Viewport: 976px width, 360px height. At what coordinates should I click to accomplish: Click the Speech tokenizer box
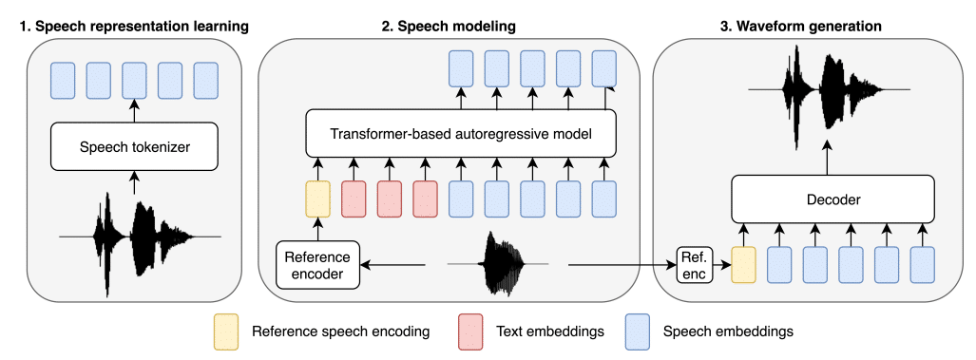pos(134,147)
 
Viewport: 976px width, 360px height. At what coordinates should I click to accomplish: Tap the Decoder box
pos(827,200)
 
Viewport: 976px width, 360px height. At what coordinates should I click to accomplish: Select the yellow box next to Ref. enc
pos(744,263)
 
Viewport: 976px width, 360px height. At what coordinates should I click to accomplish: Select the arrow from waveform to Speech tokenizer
pos(134,181)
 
